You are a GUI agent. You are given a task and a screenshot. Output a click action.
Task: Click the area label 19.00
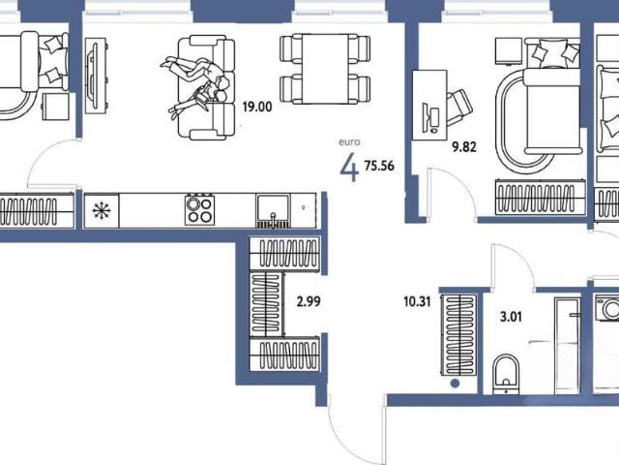pos(257,107)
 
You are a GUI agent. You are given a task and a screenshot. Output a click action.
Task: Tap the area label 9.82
pos(464,147)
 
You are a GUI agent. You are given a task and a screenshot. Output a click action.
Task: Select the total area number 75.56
pos(379,166)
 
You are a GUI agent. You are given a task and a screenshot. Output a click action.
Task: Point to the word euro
pos(349,142)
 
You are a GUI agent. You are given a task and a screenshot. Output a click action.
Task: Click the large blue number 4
pos(349,167)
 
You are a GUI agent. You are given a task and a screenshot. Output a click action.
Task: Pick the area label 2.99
pos(309,302)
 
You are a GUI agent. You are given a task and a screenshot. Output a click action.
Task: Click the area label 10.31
pos(417,302)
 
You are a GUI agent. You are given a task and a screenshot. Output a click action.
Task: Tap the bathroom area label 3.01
pos(511,317)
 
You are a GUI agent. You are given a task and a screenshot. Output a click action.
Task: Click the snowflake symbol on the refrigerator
pos(102,210)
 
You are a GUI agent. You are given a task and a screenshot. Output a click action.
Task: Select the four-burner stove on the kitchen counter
pos(200,209)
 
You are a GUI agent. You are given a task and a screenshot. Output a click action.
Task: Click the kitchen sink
pos(273,211)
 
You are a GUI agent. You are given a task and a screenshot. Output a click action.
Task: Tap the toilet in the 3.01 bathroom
pos(506,374)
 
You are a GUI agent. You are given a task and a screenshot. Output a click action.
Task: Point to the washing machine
pos(607,307)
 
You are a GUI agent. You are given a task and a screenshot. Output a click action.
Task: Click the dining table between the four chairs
pos(325,69)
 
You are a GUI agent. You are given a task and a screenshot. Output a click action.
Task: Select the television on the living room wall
pos(96,76)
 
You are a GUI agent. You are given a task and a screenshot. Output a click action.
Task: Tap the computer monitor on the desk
pos(430,118)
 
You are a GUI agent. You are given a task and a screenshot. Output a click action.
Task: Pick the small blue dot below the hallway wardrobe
pos(455,384)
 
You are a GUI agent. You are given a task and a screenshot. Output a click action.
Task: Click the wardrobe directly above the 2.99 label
pos(284,254)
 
